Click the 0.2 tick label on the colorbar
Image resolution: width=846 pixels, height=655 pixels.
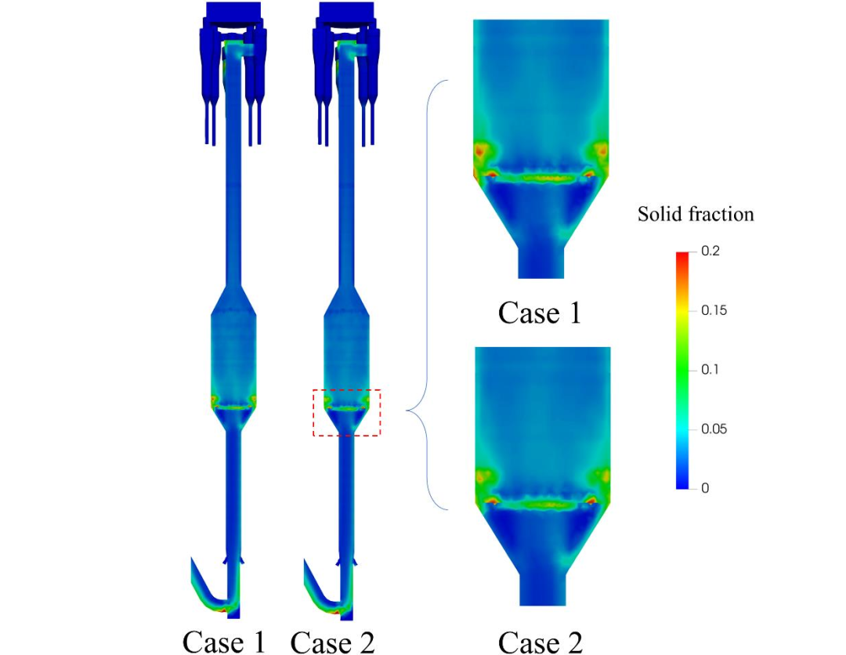click(x=710, y=251)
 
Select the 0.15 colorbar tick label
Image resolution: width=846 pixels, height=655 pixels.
click(x=714, y=310)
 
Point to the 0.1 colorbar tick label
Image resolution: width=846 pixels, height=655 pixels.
click(x=710, y=370)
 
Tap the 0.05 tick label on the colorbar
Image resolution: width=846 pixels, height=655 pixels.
click(x=714, y=429)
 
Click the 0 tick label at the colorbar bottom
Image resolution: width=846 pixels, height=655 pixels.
click(x=705, y=488)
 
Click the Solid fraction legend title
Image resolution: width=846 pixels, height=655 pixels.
click(x=696, y=214)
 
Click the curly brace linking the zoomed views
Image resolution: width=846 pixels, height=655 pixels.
click(x=428, y=295)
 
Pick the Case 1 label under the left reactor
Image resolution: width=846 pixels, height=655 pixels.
click(x=224, y=642)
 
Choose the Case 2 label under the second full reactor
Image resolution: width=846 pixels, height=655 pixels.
click(x=332, y=642)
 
